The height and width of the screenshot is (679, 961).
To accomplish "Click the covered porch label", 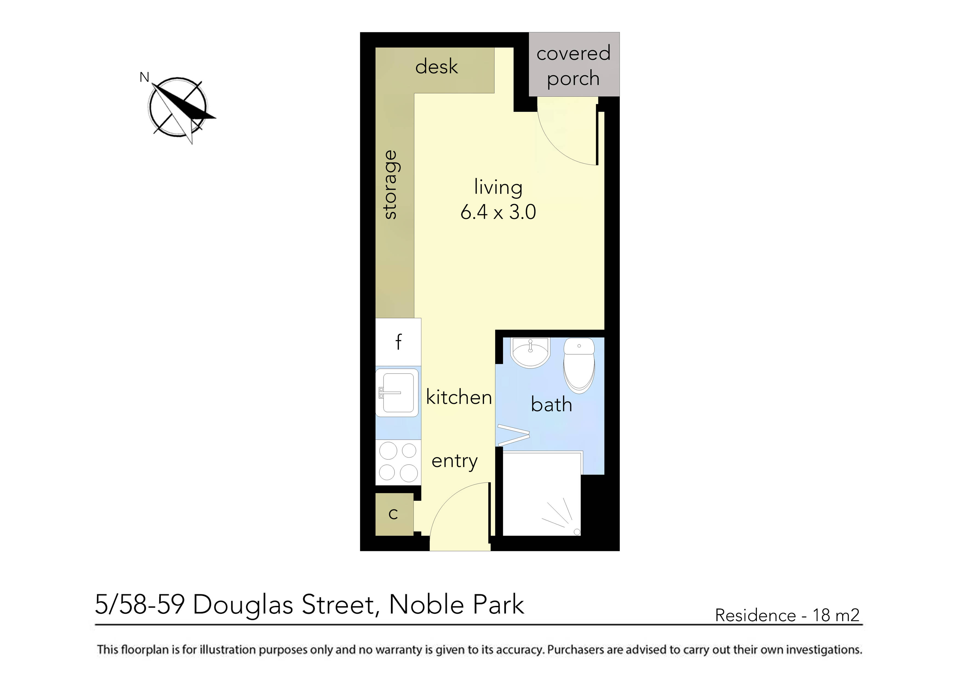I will tap(573, 65).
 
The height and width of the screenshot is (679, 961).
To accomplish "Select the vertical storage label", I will tap(390, 185).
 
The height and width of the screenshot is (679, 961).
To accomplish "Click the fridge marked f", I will tap(398, 342).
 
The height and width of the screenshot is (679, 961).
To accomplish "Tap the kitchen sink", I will tap(397, 392).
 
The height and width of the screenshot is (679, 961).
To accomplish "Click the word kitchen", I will tap(459, 397).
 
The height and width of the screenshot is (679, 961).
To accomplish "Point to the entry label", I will tap(454, 461).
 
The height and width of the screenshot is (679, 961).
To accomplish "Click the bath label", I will tap(551, 405).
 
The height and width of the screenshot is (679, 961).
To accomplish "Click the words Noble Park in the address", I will tap(456, 605).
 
